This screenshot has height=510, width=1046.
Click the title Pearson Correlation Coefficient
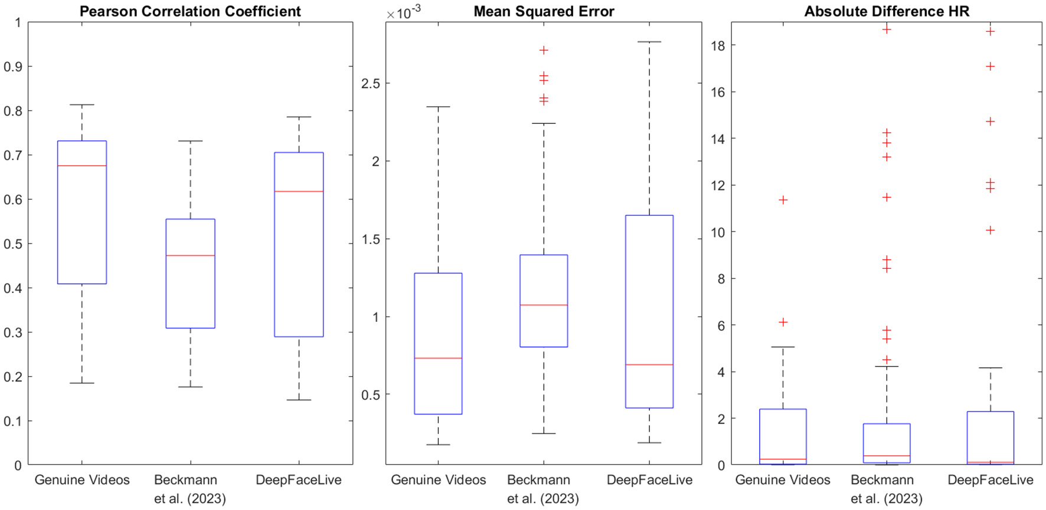(190, 11)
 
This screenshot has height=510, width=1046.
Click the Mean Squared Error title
(544, 11)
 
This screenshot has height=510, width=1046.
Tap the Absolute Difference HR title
(887, 11)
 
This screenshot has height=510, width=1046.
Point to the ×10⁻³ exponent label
(403, 12)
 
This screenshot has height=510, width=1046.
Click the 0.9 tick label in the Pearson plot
(13, 67)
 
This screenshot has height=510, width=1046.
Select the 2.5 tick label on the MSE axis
(371, 84)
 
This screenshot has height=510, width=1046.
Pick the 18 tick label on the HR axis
(718, 45)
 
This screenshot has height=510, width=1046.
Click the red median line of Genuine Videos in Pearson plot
(82, 166)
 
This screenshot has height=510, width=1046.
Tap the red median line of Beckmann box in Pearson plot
(190, 255)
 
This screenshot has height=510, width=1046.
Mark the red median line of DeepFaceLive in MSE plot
(649, 365)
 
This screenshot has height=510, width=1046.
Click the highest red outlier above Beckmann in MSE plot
(544, 50)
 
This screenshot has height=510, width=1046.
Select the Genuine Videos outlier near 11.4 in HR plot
(783, 200)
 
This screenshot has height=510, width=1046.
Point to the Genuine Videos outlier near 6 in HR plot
(783, 322)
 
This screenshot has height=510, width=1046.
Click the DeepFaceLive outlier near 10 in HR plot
(991, 230)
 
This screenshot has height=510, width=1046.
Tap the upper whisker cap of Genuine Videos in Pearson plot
(82, 105)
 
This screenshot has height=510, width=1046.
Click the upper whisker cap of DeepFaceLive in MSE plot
(649, 42)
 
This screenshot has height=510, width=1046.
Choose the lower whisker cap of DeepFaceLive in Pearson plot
(299, 400)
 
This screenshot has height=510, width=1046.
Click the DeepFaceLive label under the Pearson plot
(299, 480)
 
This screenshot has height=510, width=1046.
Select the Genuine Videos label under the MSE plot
(438, 480)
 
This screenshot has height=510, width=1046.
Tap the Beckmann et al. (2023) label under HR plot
(886, 489)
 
